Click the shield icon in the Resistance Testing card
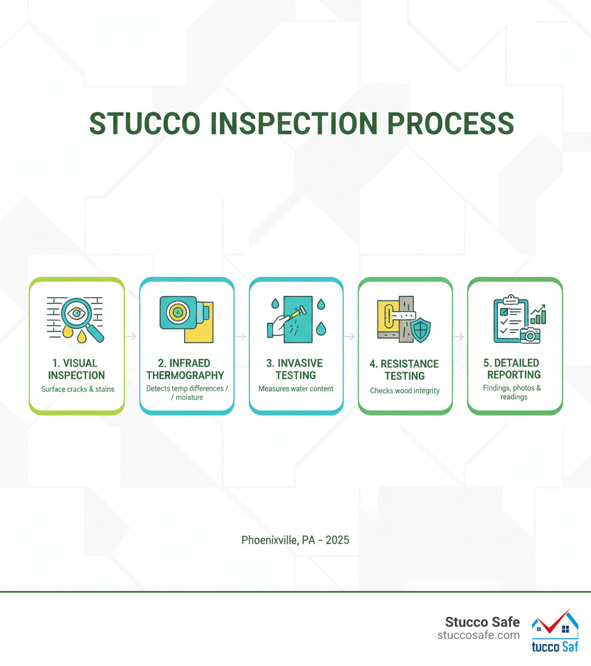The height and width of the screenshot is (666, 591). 420,330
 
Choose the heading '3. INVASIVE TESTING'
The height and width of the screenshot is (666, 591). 295,369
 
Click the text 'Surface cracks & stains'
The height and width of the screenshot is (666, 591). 77,389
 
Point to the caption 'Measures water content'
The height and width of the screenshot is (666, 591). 295,388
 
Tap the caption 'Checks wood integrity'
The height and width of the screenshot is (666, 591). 405,391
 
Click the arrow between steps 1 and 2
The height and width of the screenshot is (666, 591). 132,336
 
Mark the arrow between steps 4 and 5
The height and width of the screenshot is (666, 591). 459,336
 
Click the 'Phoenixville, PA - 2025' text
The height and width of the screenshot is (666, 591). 295,541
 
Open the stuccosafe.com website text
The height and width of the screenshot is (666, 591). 478,635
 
